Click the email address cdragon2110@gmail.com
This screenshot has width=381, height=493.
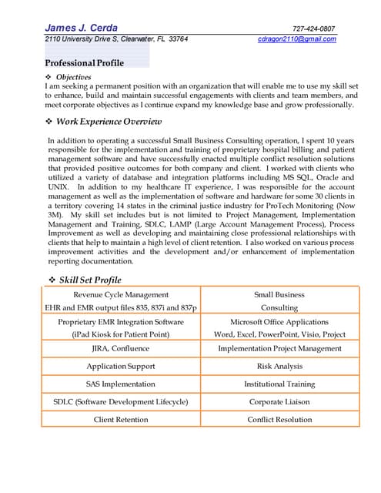click(297, 39)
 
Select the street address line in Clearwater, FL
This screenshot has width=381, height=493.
click(115, 39)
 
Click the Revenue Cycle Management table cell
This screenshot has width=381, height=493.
click(121, 294)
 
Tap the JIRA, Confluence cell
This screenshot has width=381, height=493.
click(121, 348)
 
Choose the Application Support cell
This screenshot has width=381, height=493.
click(121, 366)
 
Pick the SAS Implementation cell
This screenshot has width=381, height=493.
click(121, 384)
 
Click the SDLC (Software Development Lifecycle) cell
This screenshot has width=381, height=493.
click(121, 401)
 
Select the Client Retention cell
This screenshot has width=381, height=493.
click(121, 420)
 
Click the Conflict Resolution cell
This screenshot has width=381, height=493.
click(279, 420)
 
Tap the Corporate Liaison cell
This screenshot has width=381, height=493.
click(279, 401)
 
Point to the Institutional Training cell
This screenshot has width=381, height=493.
click(279, 384)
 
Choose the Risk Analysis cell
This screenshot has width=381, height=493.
click(279, 366)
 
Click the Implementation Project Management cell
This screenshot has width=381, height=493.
click(279, 348)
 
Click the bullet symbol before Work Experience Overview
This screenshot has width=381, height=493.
click(50, 122)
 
